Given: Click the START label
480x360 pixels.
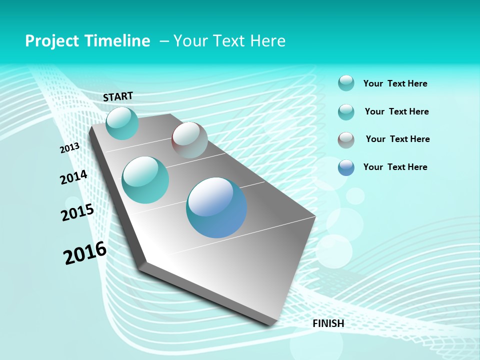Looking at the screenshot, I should point(118,96).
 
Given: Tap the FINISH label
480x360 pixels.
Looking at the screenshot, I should point(328,323).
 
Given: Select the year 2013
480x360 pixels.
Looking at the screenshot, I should point(69,148).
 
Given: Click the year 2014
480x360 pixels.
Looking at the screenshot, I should point(73,177).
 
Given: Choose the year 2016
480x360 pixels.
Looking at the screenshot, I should point(85,253).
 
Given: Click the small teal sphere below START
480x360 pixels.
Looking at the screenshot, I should point(122,123).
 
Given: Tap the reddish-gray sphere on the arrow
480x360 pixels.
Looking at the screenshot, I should point(189,140).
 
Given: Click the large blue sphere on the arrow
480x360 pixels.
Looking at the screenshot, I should point(216,207).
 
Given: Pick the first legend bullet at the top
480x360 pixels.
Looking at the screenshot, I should point(346,83).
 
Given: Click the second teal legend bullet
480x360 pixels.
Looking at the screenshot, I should point(346,112).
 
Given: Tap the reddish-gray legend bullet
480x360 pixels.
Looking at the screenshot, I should point(346,140).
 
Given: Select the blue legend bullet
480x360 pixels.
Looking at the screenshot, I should point(346,167).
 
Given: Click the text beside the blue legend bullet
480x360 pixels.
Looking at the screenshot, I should point(395,167).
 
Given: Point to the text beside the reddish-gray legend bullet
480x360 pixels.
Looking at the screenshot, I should point(397,139).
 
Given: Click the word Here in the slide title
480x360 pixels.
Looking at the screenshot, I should point(267,41).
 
